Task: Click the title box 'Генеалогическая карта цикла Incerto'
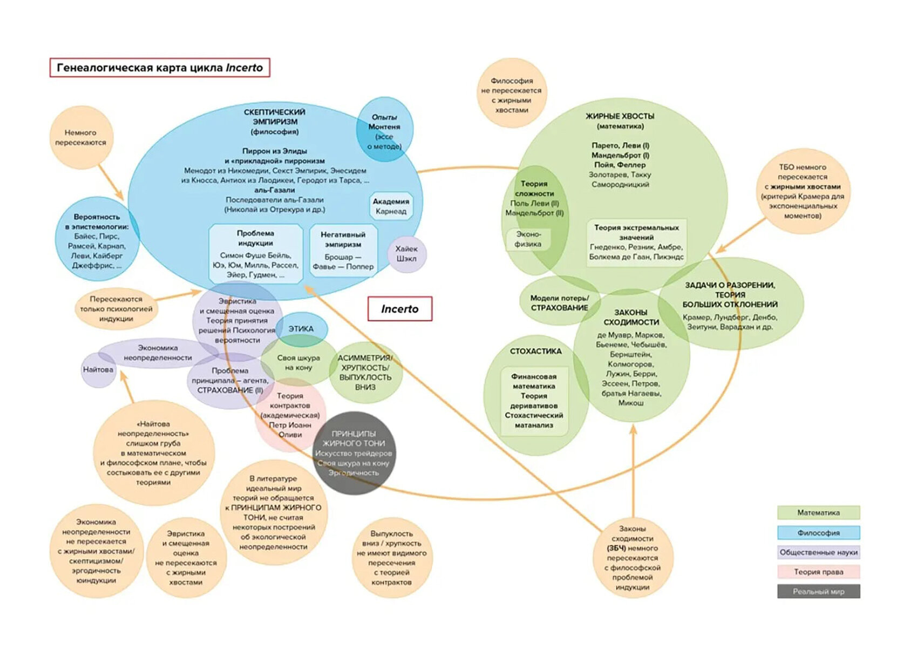click(160, 68)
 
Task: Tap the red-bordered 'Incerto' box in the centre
click(400, 309)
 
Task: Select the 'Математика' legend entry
click(818, 512)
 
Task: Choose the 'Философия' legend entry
click(818, 532)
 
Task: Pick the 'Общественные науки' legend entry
click(818, 552)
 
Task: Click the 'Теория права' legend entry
click(818, 572)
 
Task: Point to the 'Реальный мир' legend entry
click(818, 591)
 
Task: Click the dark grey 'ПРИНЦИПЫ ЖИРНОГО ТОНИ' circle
click(354, 453)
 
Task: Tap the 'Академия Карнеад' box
click(391, 206)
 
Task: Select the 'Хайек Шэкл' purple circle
click(406, 254)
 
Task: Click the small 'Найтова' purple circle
click(98, 370)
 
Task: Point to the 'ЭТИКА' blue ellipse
click(301, 329)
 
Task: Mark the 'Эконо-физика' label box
click(528, 239)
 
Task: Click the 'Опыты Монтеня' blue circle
click(384, 131)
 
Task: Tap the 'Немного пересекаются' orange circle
click(81, 138)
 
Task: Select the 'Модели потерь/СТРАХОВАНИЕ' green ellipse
click(559, 302)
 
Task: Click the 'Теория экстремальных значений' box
click(636, 242)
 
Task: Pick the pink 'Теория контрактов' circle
click(290, 415)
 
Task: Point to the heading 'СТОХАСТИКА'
click(535, 351)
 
